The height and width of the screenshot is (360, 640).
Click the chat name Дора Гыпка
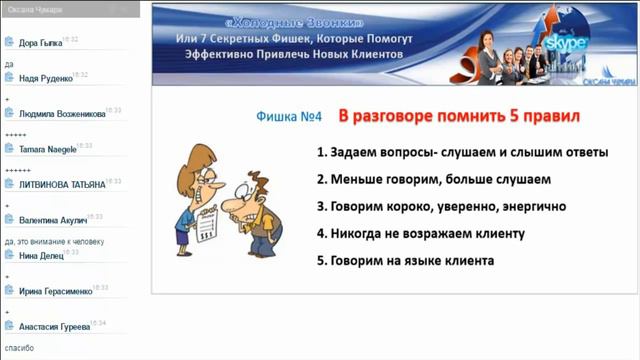[39, 42]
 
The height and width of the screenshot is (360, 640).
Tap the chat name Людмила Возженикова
[61, 114]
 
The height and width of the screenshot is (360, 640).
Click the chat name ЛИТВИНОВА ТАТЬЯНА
[60, 184]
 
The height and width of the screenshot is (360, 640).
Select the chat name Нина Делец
[41, 255]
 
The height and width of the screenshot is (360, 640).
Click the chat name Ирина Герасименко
[55, 291]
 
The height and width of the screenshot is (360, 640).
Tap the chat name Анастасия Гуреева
[54, 327]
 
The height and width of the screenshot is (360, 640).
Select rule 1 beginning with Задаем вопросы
[462, 154]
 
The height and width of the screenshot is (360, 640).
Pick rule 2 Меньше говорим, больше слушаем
[433, 180]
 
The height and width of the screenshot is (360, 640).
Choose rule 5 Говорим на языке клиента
[405, 261]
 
